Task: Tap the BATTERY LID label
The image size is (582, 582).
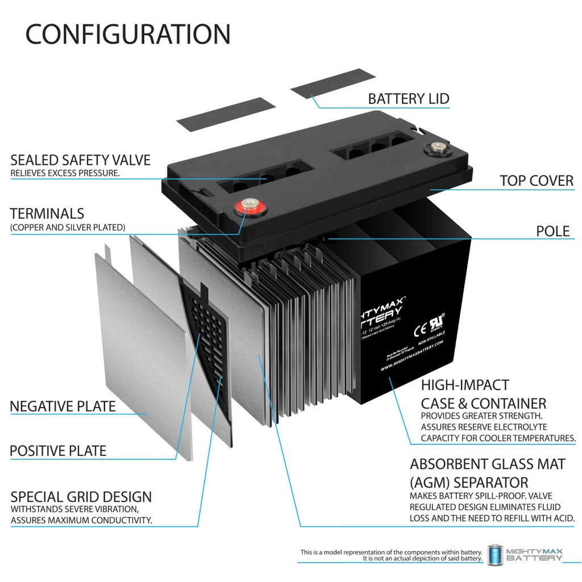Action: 409,99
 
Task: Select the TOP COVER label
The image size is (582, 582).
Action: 537,181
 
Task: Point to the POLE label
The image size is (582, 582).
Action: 553,231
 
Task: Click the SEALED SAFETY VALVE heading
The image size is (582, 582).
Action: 80,160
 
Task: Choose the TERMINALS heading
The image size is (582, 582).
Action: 47,214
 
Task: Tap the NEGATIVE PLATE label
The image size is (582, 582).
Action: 63,406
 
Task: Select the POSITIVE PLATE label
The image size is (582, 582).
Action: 58,451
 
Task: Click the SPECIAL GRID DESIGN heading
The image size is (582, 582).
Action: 81,496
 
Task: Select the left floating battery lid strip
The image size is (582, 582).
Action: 226,112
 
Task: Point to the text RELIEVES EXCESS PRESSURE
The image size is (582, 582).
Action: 65,173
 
